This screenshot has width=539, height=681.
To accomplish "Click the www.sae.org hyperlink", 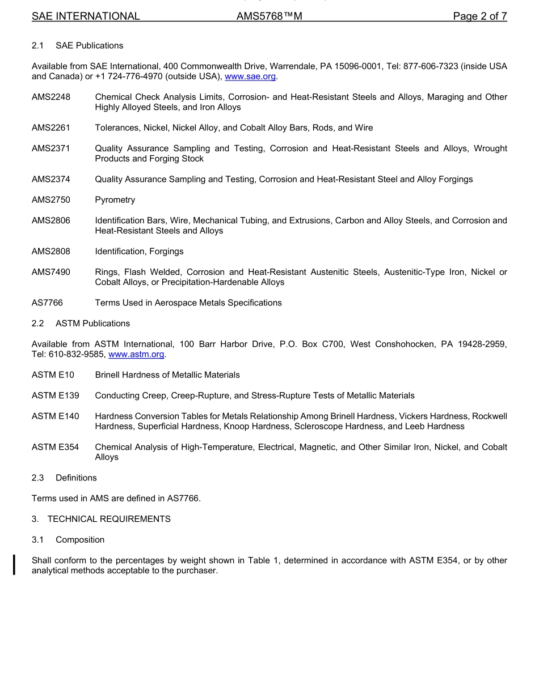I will point(250,76).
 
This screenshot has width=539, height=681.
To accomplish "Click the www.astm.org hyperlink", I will point(136,354).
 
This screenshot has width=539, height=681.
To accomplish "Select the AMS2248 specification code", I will point(51,97).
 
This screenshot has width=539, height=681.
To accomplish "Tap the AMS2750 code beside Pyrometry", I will point(51,200).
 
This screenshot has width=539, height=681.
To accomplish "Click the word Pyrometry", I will point(115,200).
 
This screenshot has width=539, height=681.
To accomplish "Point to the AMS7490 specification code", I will point(51,272).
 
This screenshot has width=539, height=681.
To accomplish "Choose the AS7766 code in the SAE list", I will point(47,303).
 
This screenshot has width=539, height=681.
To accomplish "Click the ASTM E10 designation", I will point(53,374).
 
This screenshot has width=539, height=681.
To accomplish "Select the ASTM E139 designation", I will point(56,395).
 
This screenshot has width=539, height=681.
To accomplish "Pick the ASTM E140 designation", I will point(56,416).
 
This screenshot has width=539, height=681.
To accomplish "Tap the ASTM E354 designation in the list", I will point(56,447).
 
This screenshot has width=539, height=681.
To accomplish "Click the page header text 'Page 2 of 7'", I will point(479,16).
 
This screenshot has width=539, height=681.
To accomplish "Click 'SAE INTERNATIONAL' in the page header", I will point(86,16).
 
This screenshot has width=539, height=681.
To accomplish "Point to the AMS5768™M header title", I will point(269,16).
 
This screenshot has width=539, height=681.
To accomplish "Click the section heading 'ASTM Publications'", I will point(92,324).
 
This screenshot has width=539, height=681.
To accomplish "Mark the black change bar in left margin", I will point(15,565).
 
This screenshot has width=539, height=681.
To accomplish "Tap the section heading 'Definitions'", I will point(76,478).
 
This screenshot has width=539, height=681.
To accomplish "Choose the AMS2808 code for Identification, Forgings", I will point(51,251).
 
